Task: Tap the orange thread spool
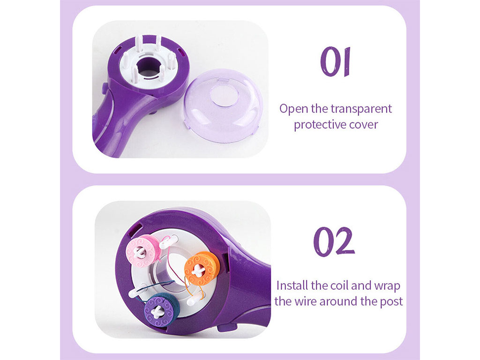point(202,269)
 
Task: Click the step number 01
point(335,61)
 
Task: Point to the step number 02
point(334,241)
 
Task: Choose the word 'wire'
point(306,301)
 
